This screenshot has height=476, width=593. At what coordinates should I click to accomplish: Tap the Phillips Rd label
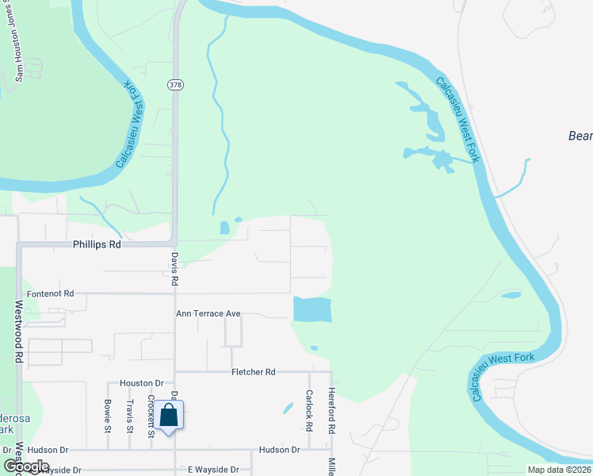click(x=97, y=245)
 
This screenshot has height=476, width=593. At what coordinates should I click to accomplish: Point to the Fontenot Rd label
click(x=50, y=293)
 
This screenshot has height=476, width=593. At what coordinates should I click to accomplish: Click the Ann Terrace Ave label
click(x=208, y=313)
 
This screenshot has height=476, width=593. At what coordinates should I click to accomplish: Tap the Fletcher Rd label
click(x=253, y=371)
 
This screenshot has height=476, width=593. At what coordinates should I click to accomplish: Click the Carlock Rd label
click(x=308, y=410)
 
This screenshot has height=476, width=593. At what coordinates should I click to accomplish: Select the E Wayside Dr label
click(x=212, y=470)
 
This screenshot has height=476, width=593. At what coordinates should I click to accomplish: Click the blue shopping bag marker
click(x=169, y=415)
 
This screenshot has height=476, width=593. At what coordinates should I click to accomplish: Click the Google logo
click(x=26, y=466)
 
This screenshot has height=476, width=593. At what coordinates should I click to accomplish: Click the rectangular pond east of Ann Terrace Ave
click(x=312, y=309)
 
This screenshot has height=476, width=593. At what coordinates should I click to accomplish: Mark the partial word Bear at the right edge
click(x=580, y=136)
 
